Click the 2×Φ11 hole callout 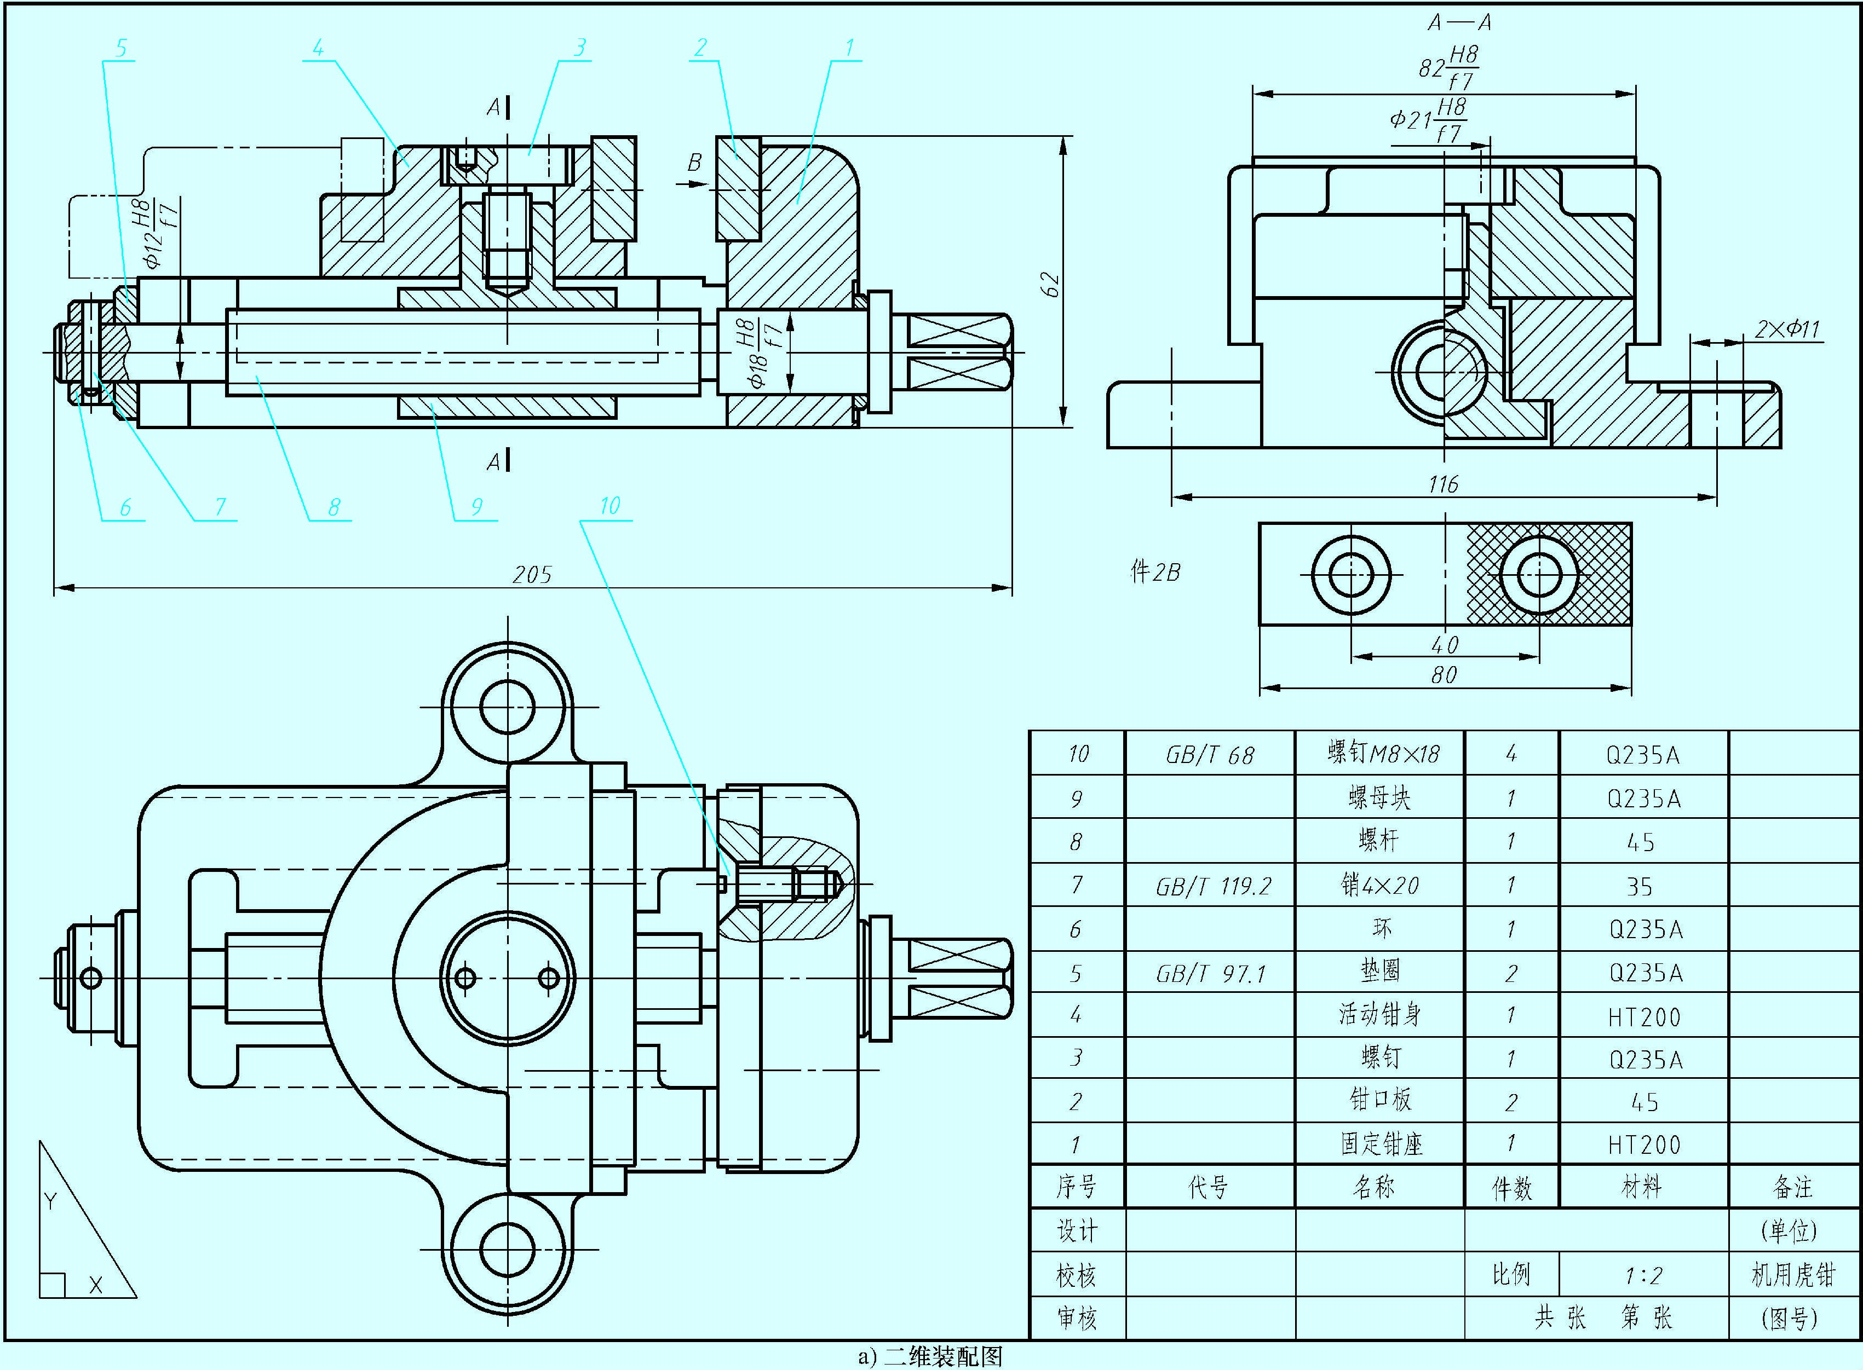[x=1787, y=330]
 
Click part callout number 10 [x=610, y=506]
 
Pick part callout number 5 [x=121, y=48]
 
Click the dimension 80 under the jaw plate [x=1444, y=675]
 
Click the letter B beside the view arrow [x=694, y=163]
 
